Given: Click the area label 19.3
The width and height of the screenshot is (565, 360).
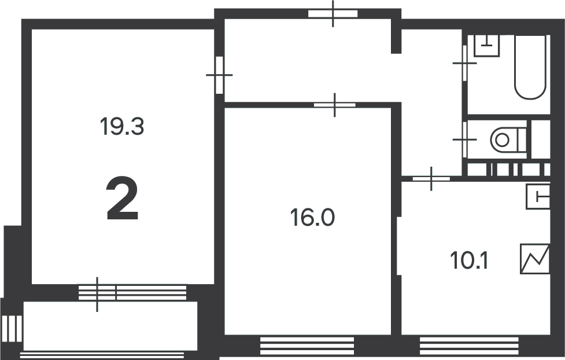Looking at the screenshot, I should [121, 126].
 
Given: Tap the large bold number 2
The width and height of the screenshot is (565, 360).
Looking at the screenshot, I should [123, 200].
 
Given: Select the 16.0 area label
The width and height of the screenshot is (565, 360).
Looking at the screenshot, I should [312, 218].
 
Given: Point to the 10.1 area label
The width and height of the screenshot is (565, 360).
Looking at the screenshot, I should [470, 261].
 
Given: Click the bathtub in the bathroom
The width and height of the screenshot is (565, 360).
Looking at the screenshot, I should [530, 67].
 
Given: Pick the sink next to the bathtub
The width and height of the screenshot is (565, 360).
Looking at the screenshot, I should [486, 45].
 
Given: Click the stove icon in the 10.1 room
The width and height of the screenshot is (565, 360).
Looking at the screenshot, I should [534, 259].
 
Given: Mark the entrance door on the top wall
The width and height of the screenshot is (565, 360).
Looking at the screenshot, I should [333, 14].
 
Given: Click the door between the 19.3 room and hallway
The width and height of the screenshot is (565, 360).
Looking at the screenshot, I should [219, 75].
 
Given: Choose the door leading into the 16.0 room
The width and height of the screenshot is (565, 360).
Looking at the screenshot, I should [335, 105].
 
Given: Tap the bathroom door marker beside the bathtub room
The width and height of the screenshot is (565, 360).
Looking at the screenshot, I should [464, 63].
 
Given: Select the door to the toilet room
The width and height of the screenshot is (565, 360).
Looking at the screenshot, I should [464, 139].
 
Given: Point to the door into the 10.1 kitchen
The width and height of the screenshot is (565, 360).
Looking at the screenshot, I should [431, 178].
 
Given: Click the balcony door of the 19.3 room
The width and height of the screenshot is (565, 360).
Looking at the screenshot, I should [97, 293].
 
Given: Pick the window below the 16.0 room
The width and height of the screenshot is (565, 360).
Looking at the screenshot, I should [306, 346].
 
